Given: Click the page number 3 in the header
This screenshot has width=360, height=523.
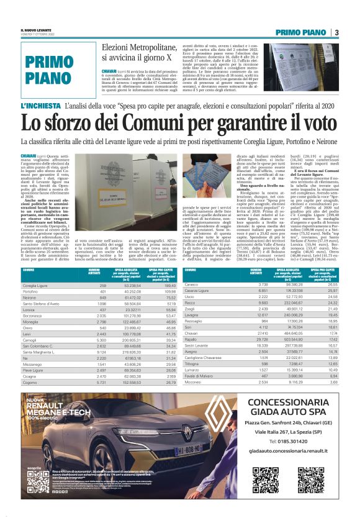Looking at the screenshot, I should (x=336, y=32).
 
